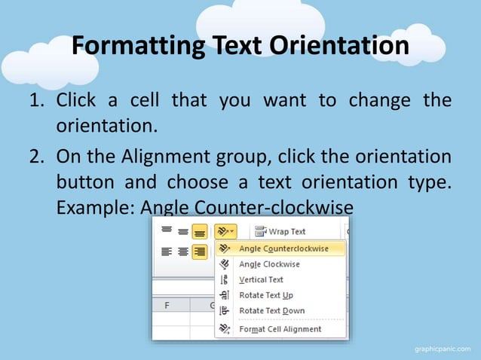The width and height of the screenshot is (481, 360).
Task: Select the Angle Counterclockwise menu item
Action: pyautogui.click(x=283, y=249)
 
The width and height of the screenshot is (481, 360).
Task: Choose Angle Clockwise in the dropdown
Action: pyautogui.click(x=268, y=264)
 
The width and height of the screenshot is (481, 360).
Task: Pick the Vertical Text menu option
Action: pyautogui.click(x=261, y=279)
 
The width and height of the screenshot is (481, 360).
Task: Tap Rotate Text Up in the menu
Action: pyautogui.click(x=265, y=295)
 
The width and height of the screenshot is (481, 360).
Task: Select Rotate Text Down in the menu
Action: pyautogui.click(x=271, y=310)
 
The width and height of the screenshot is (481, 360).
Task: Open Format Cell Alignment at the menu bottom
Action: pyautogui.click(x=280, y=329)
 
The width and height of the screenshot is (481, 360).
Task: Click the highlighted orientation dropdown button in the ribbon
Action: pyautogui.click(x=225, y=231)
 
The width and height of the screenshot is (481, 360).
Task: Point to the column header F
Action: pyautogui.click(x=167, y=306)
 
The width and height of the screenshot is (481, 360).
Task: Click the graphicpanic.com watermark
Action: pyautogui.click(x=443, y=349)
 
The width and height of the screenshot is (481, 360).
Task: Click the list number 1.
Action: pyautogui.click(x=37, y=101)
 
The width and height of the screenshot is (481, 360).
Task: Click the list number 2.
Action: pyautogui.click(x=37, y=157)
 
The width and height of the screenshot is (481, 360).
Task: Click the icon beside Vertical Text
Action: pyautogui.click(x=224, y=279)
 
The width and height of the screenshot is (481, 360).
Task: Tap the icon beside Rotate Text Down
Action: pyautogui.click(x=224, y=310)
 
